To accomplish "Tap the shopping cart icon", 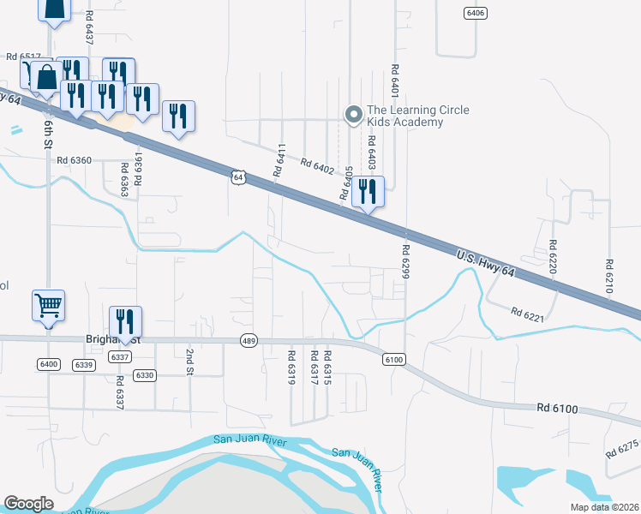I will point(49,304).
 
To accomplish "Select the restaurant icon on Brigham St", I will point(125,322).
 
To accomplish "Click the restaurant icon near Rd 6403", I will point(368,191).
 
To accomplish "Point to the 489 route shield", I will point(249,339).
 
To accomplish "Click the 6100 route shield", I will point(393,360).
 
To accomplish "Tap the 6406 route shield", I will point(475,13).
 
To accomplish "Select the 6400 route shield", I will point(48,365).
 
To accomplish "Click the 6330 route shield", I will point(145,375).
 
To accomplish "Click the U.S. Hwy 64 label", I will point(485,258).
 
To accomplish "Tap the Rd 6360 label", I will point(75,160).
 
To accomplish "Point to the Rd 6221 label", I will point(528,315).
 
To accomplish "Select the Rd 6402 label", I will point(317,166).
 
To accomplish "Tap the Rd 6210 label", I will point(609,276).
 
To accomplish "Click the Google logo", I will point(28,503).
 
